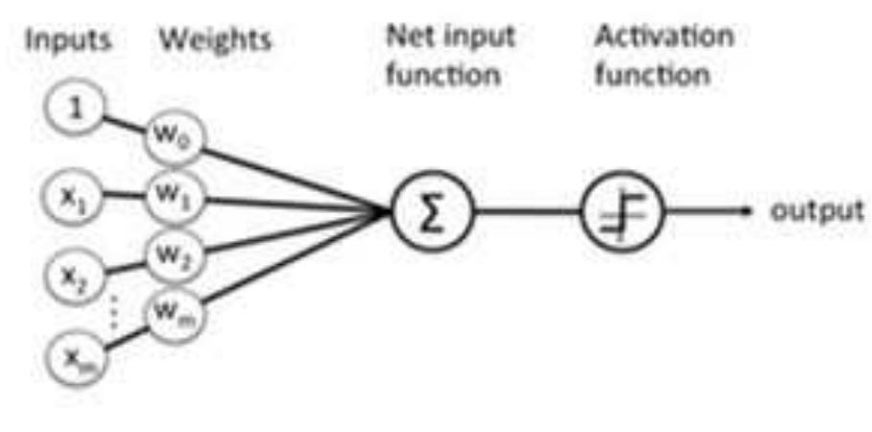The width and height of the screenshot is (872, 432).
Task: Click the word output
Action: point(816,209)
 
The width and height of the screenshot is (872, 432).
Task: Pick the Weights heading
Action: point(215,40)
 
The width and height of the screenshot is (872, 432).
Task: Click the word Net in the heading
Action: point(408,37)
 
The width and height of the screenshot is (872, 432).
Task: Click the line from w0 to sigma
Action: point(288,177)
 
